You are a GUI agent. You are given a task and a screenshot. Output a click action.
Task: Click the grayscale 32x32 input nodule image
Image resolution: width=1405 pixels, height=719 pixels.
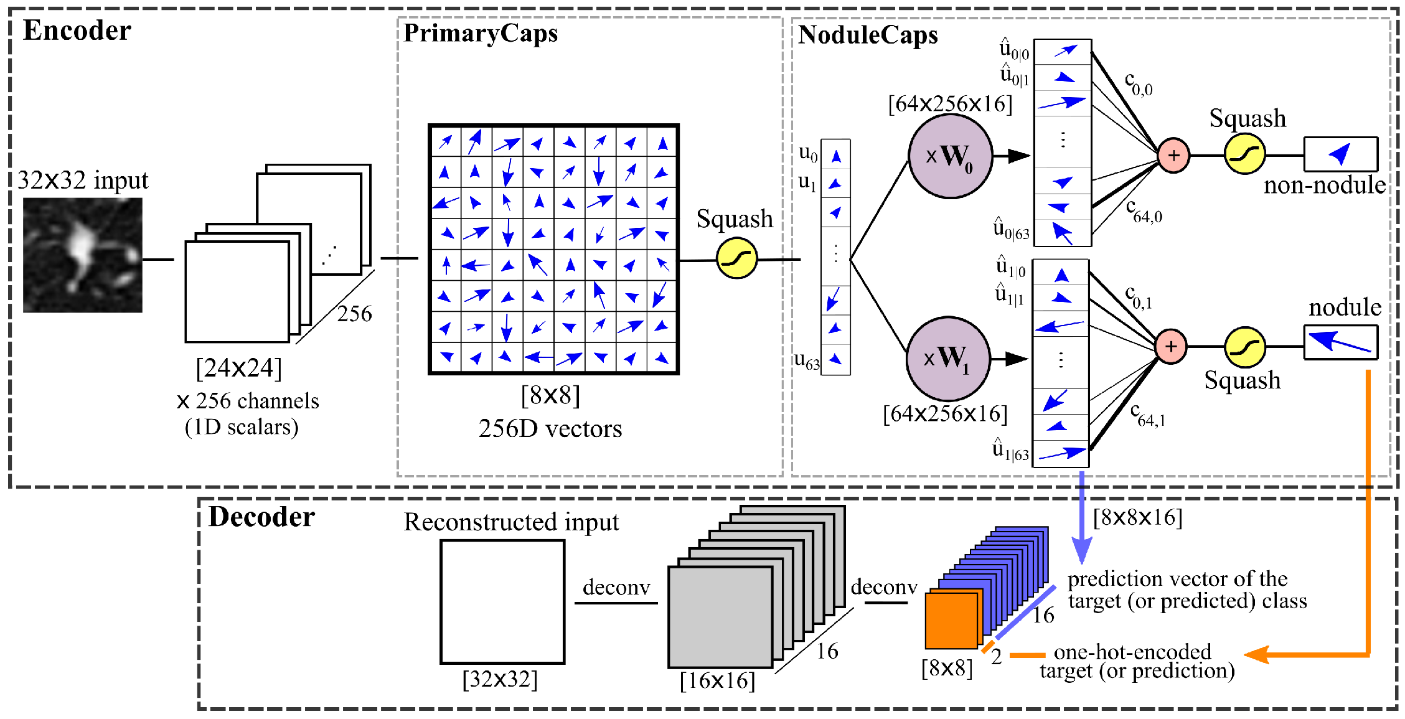[82, 255]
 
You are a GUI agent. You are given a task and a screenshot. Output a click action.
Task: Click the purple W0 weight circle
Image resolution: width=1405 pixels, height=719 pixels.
[950, 156]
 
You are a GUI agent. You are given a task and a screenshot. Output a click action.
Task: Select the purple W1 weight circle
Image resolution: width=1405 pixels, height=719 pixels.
[947, 359]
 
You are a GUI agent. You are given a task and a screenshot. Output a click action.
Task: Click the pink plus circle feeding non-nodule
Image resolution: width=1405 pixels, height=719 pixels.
[1173, 155]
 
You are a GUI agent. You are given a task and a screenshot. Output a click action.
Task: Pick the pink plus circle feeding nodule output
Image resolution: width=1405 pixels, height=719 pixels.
[1171, 346]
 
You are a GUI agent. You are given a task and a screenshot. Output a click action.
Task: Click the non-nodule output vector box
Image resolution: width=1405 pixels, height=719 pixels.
[1340, 154]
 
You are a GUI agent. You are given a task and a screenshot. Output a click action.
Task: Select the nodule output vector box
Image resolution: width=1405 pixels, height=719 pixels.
[1340, 343]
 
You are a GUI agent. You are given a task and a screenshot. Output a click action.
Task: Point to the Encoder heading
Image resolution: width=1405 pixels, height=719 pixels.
[77, 31]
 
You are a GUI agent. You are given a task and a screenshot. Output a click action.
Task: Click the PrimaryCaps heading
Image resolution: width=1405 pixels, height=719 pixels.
[481, 33]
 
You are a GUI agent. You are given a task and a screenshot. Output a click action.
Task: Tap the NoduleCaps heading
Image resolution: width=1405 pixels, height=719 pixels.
[868, 35]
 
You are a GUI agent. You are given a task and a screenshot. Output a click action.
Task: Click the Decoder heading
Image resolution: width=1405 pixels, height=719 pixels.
[261, 517]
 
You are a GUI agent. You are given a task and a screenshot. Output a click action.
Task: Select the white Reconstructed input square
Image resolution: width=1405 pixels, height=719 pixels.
[502, 602]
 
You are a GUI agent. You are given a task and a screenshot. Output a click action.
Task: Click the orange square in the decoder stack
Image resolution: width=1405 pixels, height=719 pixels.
[951, 620]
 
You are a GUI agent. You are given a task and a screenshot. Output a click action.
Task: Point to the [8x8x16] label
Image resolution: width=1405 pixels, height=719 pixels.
[1137, 517]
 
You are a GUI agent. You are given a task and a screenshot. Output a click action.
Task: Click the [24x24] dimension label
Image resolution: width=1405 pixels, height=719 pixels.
[238, 368]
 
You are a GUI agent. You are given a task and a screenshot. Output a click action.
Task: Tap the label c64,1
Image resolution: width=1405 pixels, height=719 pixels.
[1147, 415]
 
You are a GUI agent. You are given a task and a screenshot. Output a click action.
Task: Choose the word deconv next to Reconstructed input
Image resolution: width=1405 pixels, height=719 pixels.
[616, 587]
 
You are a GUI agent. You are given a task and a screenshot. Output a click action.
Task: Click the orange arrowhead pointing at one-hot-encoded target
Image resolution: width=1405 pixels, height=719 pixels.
[1256, 655]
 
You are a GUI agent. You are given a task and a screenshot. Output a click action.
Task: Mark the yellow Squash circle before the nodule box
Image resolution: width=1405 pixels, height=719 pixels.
[1244, 347]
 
